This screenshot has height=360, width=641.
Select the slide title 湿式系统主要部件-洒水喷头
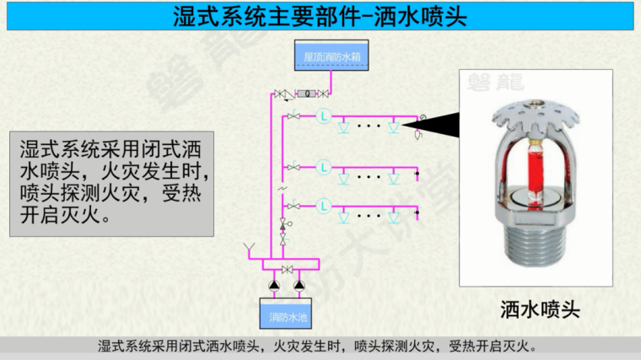320,16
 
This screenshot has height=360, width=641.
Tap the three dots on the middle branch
369,177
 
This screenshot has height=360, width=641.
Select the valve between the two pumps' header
288,269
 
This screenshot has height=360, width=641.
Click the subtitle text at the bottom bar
320,346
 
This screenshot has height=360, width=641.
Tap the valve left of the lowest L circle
294,206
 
